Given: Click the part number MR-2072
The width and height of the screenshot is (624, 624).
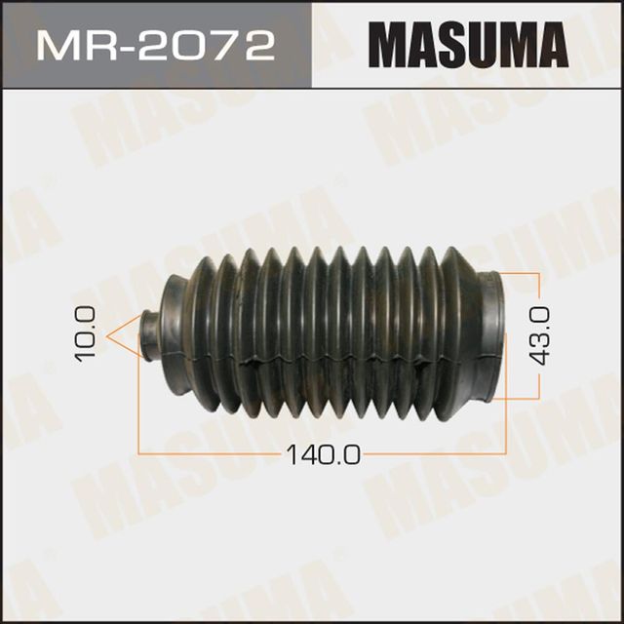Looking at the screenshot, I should [155, 45].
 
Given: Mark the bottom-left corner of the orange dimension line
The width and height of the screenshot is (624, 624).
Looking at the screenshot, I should [139, 452].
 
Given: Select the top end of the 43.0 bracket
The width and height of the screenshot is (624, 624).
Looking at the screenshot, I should [537, 273].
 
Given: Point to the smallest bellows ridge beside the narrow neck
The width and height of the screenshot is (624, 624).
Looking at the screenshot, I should [175, 331].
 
